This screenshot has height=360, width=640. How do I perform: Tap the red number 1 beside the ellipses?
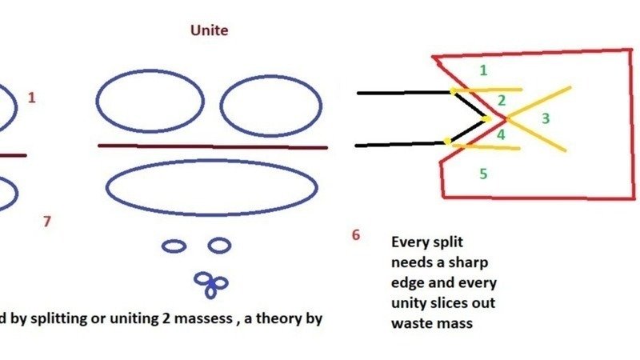32,98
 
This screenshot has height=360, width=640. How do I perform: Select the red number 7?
46,222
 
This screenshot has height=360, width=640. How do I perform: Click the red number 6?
355,234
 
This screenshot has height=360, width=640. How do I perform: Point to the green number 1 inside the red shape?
483,70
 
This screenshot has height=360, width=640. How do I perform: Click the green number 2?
502,101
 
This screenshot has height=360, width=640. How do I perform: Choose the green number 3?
546,118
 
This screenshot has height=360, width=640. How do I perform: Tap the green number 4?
501,134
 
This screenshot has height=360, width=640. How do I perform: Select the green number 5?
483,173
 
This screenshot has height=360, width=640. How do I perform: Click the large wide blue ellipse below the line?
211,188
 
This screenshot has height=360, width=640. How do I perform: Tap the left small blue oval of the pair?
174,246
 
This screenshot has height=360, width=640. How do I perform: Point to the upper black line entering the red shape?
400,93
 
